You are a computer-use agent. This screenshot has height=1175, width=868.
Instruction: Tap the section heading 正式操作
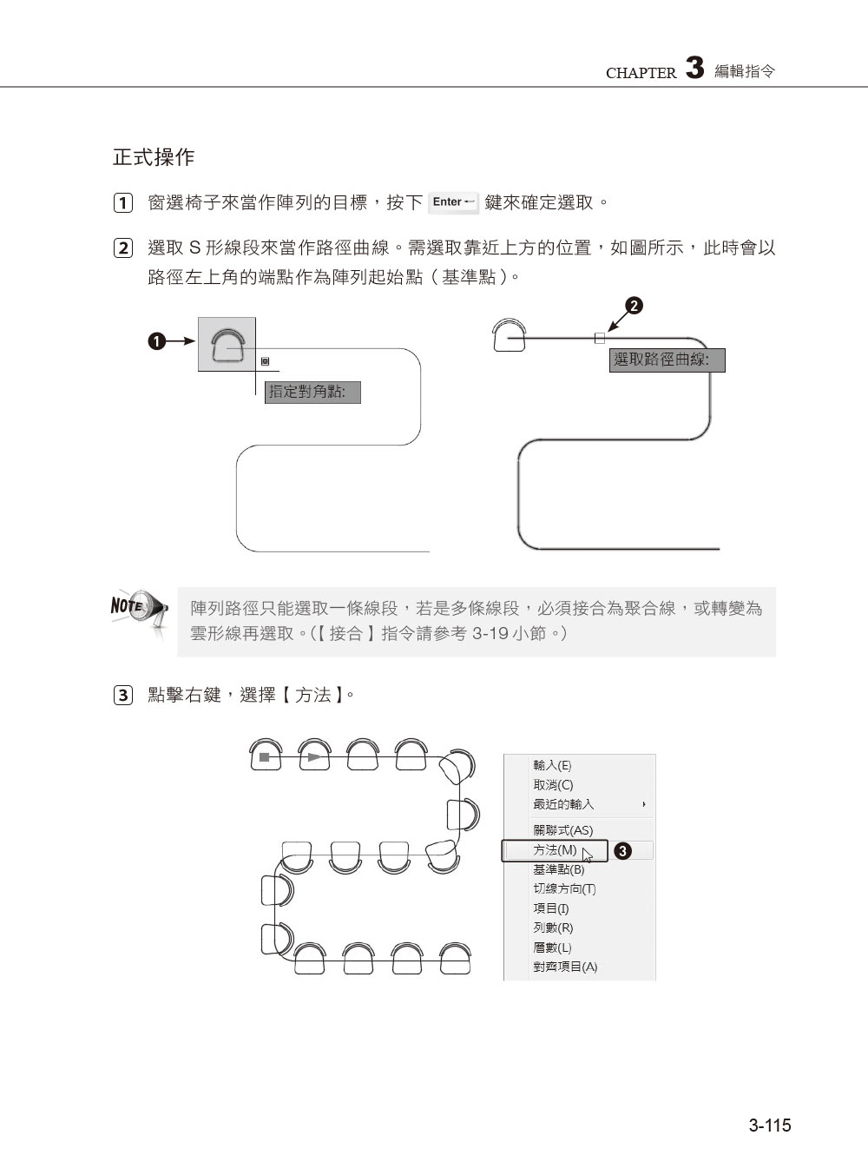pos(154,157)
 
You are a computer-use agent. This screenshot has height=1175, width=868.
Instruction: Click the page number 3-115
pos(770,1125)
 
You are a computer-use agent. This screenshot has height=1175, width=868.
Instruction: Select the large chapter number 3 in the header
pos(694,69)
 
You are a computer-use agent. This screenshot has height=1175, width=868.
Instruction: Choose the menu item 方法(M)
pos(555,850)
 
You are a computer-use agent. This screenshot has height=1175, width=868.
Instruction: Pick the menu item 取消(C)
pos(553,785)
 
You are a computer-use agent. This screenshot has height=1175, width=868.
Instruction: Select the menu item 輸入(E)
pos(552,765)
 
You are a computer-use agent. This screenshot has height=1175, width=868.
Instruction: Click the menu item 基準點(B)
pos(558,869)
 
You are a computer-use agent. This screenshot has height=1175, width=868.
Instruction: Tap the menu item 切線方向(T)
pos(564,888)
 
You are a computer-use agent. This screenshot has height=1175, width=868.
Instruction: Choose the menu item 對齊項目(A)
pos(565,967)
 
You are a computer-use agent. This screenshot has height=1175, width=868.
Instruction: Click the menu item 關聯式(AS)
pos(562,830)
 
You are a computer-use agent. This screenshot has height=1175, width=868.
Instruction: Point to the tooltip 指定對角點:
pos(312,393)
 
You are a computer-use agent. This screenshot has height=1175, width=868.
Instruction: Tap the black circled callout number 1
pos(155,342)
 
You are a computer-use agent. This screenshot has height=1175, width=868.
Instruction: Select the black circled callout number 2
pos(635,306)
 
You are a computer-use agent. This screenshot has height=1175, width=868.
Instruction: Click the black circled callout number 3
pos(622,851)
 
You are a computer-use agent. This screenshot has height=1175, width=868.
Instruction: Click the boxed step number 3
pos(123,696)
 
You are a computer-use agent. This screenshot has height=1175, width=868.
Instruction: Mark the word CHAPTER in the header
pos(641,74)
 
